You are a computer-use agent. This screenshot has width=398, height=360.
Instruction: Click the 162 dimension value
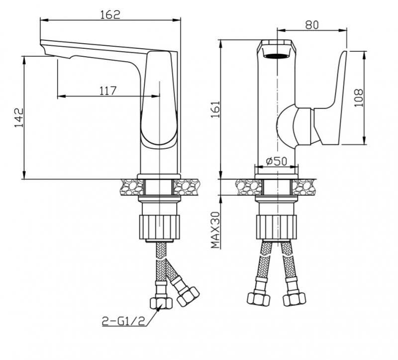(x=110, y=14)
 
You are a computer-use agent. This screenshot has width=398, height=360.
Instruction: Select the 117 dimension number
(x=107, y=91)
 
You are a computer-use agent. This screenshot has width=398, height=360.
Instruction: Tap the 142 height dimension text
(x=18, y=118)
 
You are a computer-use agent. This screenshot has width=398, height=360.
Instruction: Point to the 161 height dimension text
(x=215, y=109)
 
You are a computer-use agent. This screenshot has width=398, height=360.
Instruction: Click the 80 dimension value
(x=312, y=25)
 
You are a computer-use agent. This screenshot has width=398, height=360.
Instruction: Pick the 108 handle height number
(x=358, y=98)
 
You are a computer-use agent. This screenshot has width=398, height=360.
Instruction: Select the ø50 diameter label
(x=277, y=161)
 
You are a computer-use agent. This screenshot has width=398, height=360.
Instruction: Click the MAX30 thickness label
(x=215, y=230)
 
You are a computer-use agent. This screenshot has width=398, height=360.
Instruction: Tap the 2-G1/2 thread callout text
(x=123, y=321)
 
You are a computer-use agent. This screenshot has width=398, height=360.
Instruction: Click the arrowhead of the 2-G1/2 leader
(x=160, y=307)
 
